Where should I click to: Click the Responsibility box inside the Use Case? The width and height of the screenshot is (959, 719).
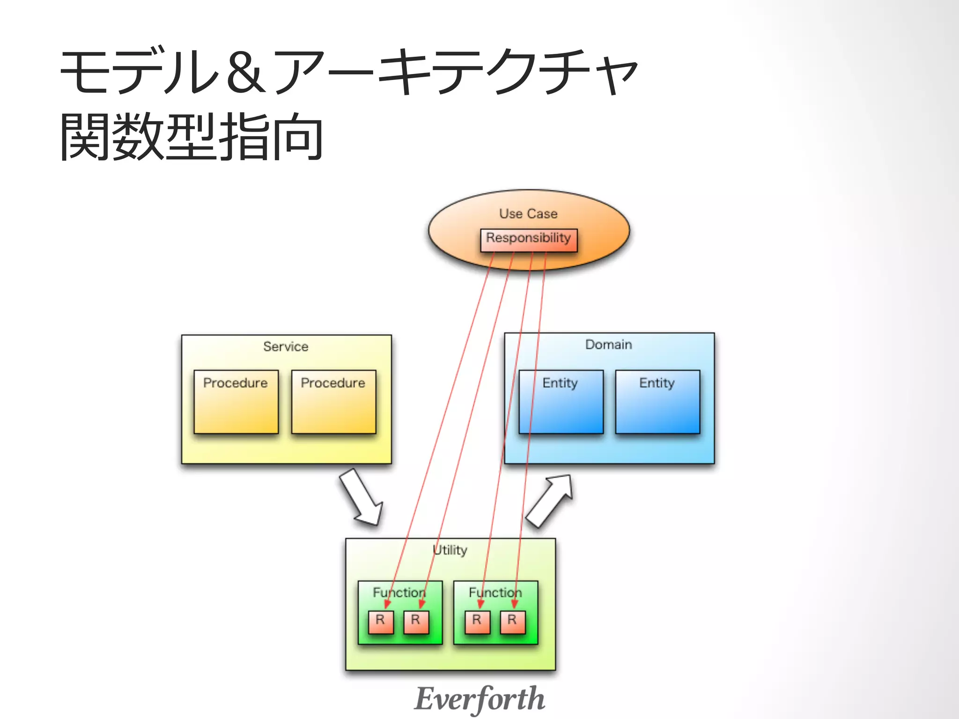click(529, 240)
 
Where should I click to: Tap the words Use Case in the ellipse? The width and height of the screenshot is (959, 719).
click(528, 214)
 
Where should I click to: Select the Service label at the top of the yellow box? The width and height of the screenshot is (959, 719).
click(286, 347)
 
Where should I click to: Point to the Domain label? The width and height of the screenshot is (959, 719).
click(608, 345)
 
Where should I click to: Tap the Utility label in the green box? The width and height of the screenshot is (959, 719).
click(450, 550)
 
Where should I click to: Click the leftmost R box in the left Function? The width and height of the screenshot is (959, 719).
click(380, 622)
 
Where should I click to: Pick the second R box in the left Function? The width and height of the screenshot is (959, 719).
click(416, 622)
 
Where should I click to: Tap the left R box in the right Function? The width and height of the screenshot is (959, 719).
click(477, 622)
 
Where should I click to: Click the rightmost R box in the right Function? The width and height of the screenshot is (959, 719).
click(512, 622)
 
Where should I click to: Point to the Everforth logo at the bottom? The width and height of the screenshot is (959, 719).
click(479, 699)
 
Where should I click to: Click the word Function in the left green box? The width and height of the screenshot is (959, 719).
click(399, 593)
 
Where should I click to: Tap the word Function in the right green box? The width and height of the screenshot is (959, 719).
click(495, 593)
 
